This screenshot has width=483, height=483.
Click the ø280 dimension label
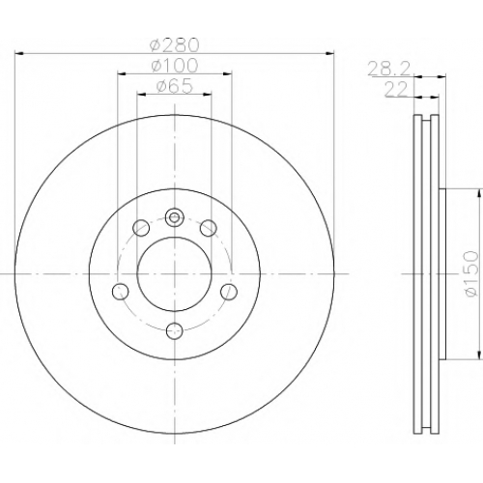[x=175, y=45]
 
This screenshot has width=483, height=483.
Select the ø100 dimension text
[x=175, y=66]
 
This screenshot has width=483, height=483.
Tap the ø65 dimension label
[x=175, y=86]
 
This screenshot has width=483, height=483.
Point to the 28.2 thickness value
[x=389, y=70]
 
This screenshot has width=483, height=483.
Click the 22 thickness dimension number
[x=396, y=90]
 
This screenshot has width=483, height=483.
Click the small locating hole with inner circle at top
[x=174, y=218]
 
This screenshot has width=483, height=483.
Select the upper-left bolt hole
[x=141, y=228]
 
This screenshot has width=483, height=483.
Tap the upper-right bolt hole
[x=208, y=228]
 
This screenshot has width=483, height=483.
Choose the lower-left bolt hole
[x=121, y=292]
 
